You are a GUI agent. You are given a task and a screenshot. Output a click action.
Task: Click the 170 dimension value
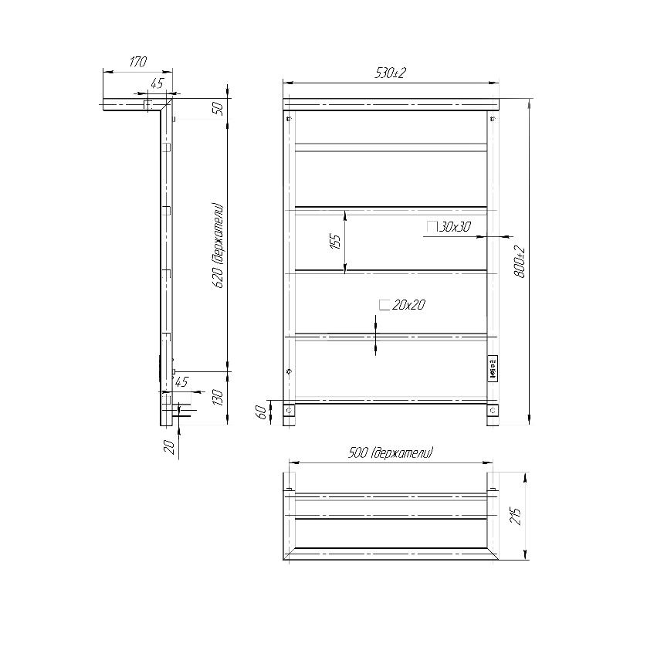pos(138,62)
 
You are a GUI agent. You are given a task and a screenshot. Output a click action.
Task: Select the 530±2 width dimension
pos(391,73)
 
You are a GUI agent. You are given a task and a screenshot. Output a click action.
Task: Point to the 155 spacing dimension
pos(336,242)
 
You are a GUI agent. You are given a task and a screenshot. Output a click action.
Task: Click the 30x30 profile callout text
pos(454,227)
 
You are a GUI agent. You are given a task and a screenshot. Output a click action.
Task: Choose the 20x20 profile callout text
pos(408,305)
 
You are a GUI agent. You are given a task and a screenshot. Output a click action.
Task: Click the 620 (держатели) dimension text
pos(218,246)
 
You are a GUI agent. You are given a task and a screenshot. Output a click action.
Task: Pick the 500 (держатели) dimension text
pos(391,453)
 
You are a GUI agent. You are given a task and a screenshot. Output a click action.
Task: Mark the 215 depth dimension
pos(516,517)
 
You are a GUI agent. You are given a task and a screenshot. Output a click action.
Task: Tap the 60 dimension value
pos(260,412)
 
